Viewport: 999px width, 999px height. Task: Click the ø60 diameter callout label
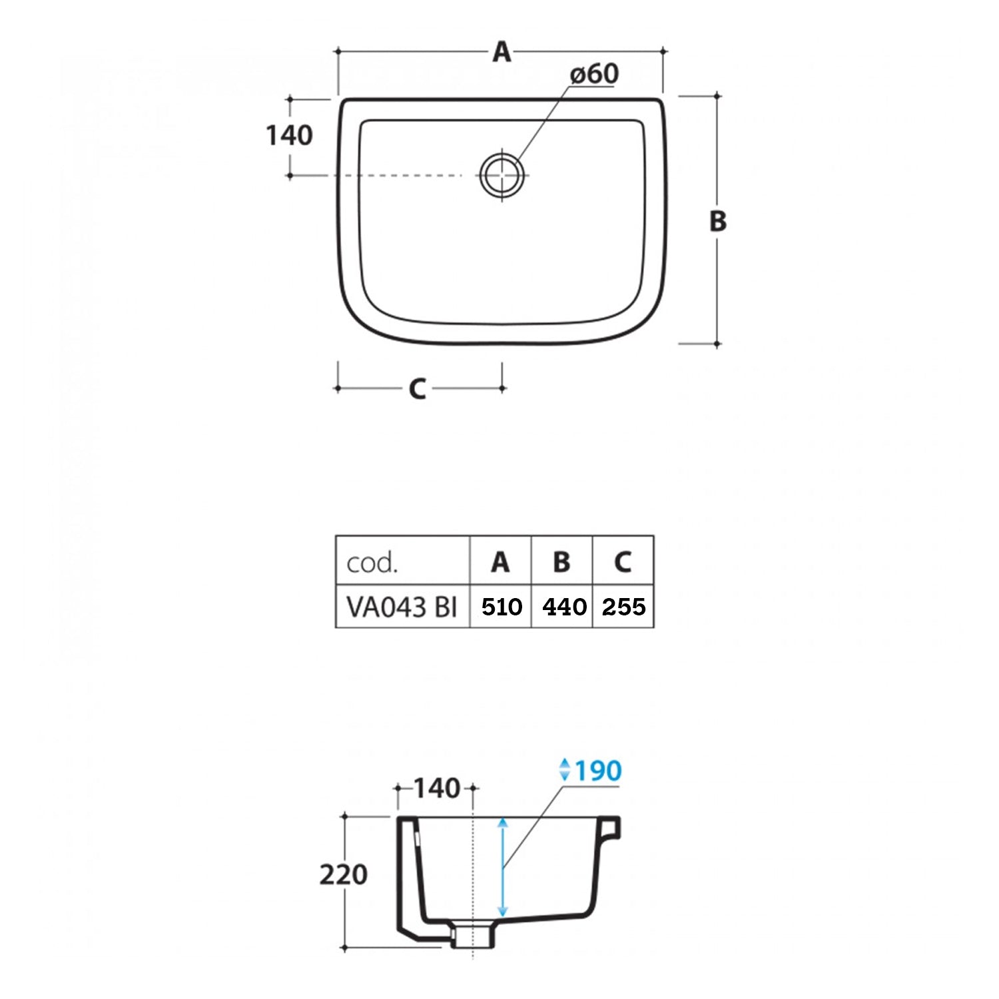(x=594, y=74)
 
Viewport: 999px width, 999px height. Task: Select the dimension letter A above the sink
(x=501, y=51)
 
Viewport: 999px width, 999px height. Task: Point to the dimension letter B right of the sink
(x=717, y=221)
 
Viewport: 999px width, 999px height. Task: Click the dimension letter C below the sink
(x=418, y=389)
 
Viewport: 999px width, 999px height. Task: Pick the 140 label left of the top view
(x=289, y=136)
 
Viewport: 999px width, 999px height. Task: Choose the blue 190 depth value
(x=598, y=771)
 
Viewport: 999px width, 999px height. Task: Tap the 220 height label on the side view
(x=343, y=874)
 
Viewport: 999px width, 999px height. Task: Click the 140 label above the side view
(x=437, y=789)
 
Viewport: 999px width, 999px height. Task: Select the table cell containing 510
(x=501, y=606)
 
